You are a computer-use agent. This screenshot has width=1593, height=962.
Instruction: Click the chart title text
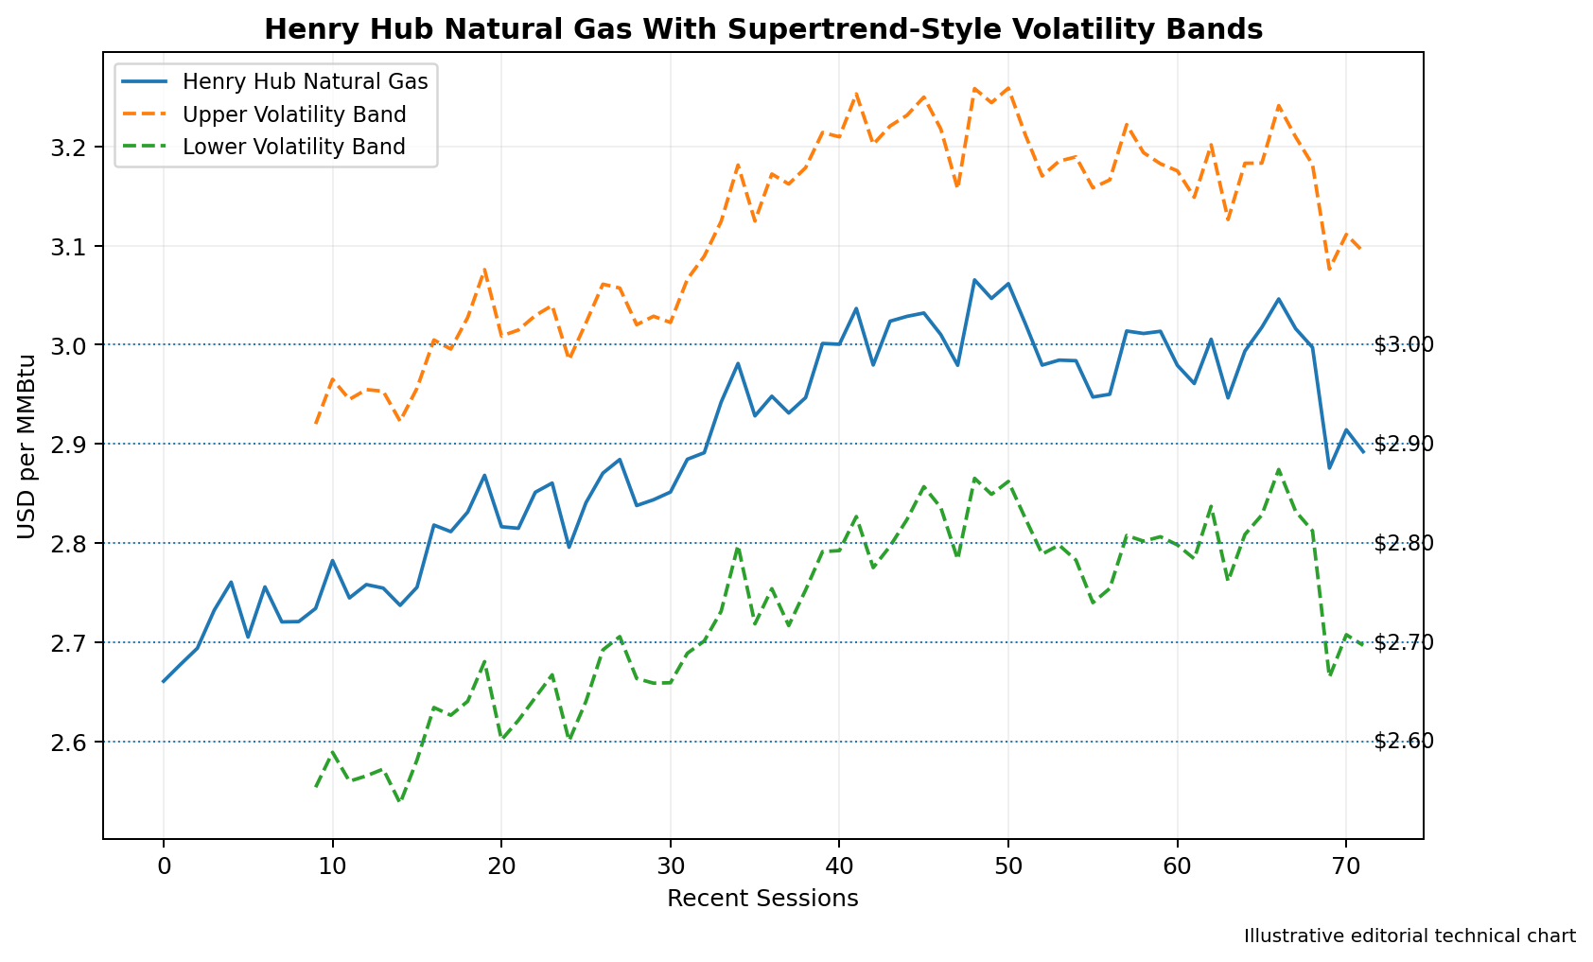pyautogui.click(x=763, y=30)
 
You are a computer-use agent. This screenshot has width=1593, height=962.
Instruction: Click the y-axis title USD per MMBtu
pyautogui.click(x=26, y=446)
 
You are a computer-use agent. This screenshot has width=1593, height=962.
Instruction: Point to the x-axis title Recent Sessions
pyautogui.click(x=763, y=900)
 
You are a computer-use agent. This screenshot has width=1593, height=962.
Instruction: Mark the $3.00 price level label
pyautogui.click(x=1404, y=345)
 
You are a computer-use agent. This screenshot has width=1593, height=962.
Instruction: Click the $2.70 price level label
pyautogui.click(x=1404, y=643)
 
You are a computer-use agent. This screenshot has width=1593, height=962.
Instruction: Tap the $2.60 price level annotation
pyautogui.click(x=1404, y=742)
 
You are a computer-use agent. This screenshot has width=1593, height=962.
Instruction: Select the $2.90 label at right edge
pyautogui.click(x=1404, y=445)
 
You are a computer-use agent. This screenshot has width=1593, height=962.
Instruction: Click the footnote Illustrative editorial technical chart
pyautogui.click(x=1409, y=936)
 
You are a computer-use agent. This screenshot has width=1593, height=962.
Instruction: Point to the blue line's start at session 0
pyautogui.click(x=164, y=682)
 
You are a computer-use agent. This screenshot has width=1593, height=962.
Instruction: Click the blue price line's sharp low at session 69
pyautogui.click(x=1329, y=468)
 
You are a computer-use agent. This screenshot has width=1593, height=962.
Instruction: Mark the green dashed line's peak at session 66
pyautogui.click(x=1279, y=470)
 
